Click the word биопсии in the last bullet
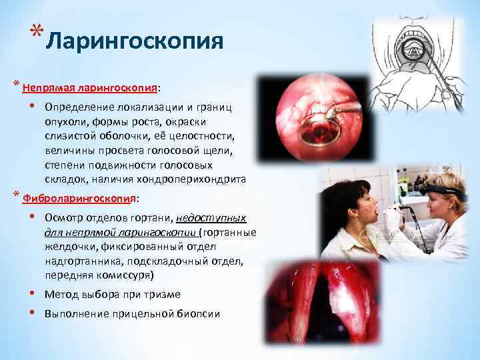199,314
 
